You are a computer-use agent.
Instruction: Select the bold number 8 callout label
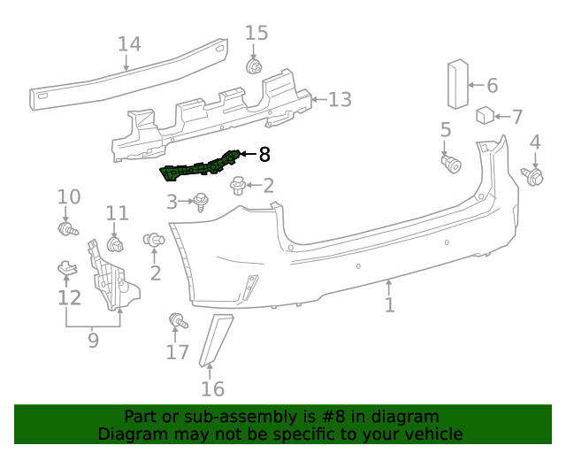pyautogui.click(x=264, y=155)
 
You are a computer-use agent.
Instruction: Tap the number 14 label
pyautogui.click(x=129, y=44)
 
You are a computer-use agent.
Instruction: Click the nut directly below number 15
pyautogui.click(x=255, y=66)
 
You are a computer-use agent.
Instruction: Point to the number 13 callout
pyautogui.click(x=340, y=99)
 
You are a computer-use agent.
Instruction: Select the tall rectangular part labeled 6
pyautogui.click(x=456, y=85)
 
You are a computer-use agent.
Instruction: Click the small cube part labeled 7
pyautogui.click(x=486, y=116)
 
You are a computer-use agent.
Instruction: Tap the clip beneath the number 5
pyautogui.click(x=452, y=163)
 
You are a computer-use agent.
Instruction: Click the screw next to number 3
pyautogui.click(x=201, y=202)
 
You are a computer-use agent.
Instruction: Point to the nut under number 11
pyautogui.click(x=114, y=243)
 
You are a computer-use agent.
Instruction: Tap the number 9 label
pyautogui.click(x=93, y=340)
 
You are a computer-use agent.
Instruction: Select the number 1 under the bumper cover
pyautogui.click(x=389, y=304)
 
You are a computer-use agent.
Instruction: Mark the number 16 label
pyautogui.click(x=212, y=388)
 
